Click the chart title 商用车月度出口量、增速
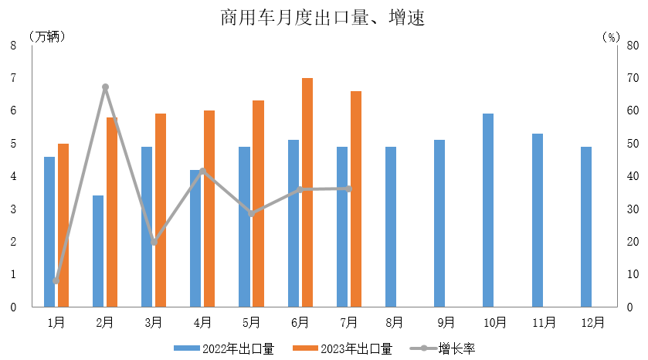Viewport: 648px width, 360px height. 323,18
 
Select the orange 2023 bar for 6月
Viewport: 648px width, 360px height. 307,192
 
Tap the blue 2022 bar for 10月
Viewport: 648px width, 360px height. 488,210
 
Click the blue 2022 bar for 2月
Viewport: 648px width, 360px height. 98,251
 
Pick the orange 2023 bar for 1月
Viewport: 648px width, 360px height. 63,225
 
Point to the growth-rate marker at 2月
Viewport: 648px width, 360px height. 105,87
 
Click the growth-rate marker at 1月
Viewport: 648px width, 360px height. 56,280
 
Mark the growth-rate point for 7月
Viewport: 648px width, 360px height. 349,188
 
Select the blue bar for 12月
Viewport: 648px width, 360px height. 586,226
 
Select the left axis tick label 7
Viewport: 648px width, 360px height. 13,78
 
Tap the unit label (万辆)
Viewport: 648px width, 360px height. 47,36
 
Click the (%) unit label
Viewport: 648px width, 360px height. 610,36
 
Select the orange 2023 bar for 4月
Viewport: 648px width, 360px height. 209,209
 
